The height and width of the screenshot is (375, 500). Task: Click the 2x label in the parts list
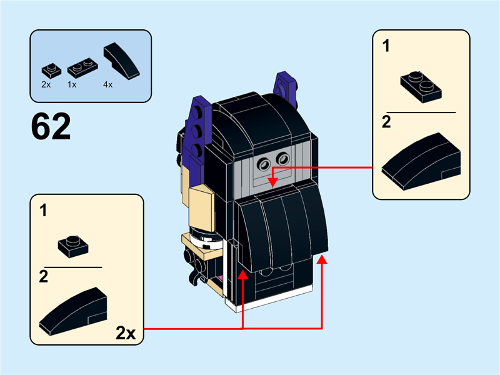[46, 83]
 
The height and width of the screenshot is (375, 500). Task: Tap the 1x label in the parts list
[72, 83]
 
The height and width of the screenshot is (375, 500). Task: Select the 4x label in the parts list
[107, 83]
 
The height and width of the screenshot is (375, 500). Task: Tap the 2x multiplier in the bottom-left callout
[126, 332]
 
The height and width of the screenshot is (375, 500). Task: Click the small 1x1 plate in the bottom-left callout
[73, 245]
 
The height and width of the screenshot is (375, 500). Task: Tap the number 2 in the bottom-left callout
[43, 277]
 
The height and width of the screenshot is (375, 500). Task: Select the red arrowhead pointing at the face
[272, 182]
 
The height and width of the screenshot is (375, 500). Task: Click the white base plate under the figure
[275, 304]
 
